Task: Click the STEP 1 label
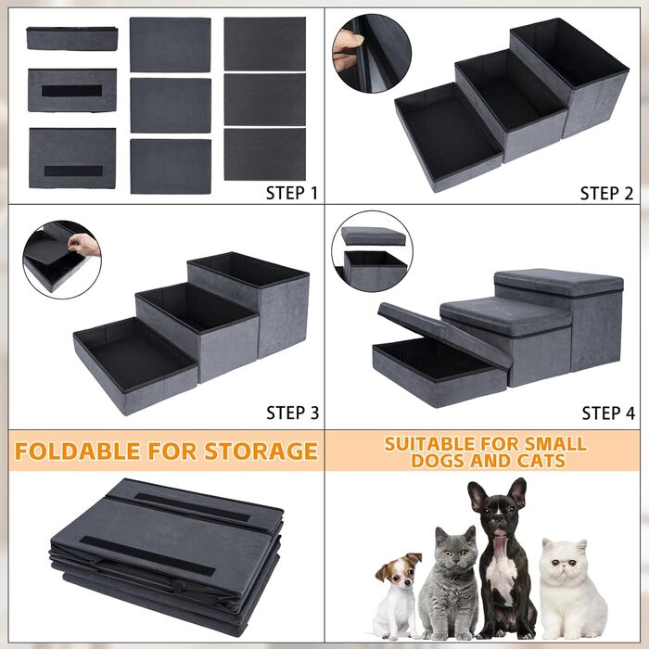(292, 193)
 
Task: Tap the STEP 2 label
(606, 193)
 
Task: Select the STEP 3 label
(293, 413)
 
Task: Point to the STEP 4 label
(608, 414)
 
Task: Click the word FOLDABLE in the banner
(77, 452)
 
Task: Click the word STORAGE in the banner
(261, 452)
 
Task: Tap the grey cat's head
(455, 548)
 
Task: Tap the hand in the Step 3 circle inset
(84, 245)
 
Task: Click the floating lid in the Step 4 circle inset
(374, 236)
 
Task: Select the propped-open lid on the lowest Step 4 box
(445, 335)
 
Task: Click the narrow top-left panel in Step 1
(72, 39)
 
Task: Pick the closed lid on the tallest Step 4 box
(559, 283)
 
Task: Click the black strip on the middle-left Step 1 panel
(72, 91)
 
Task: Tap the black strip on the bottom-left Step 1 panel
(73, 171)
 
